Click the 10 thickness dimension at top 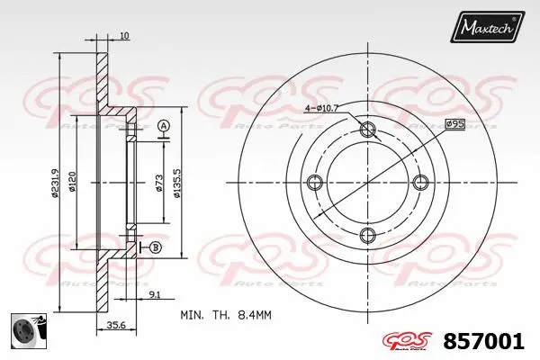click(x=123, y=36)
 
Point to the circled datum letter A click(x=164, y=125)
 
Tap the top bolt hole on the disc click(x=366, y=130)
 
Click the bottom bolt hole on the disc click(x=366, y=236)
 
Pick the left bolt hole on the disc click(x=313, y=183)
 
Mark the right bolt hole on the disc click(x=419, y=183)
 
